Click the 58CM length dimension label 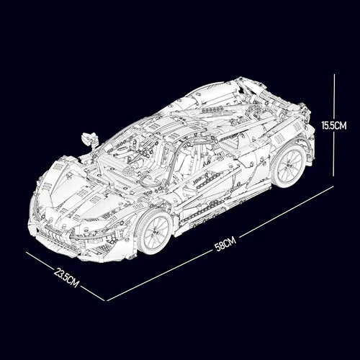225,244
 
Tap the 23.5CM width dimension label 66,278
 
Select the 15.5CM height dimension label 334,125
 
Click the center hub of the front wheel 156,232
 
